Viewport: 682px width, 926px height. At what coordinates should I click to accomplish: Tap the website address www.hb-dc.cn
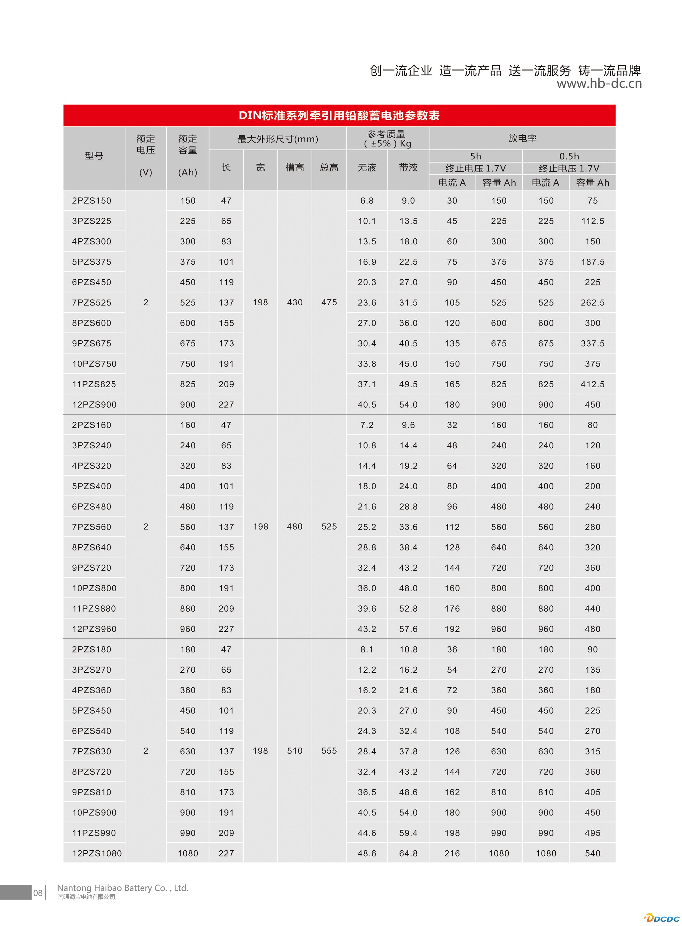tap(599, 84)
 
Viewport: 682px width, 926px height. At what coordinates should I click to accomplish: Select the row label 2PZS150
tap(92, 201)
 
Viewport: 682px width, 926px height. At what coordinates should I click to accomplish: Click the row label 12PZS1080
tap(97, 853)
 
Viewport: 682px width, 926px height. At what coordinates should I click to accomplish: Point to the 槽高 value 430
tap(295, 302)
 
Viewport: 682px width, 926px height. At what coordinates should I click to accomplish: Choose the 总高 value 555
tap(329, 751)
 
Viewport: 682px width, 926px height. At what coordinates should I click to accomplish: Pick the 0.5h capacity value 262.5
tap(592, 303)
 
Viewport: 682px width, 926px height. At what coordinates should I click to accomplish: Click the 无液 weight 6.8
tap(367, 201)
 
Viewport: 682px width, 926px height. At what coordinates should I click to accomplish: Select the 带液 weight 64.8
tap(408, 853)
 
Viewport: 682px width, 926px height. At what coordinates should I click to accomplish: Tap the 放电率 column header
tap(522, 138)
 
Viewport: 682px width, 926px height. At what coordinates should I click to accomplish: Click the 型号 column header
tap(94, 156)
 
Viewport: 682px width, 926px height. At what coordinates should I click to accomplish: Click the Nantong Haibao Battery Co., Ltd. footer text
tap(123, 887)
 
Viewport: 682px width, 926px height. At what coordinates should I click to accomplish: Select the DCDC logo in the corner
tap(662, 918)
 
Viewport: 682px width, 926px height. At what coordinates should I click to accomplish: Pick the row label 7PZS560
tap(92, 527)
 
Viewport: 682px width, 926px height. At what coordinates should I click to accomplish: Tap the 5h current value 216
tap(452, 853)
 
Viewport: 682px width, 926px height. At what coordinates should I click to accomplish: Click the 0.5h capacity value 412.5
tap(592, 384)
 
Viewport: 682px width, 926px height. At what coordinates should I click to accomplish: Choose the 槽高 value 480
tap(295, 527)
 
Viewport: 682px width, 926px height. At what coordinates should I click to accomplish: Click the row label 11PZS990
tap(94, 833)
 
